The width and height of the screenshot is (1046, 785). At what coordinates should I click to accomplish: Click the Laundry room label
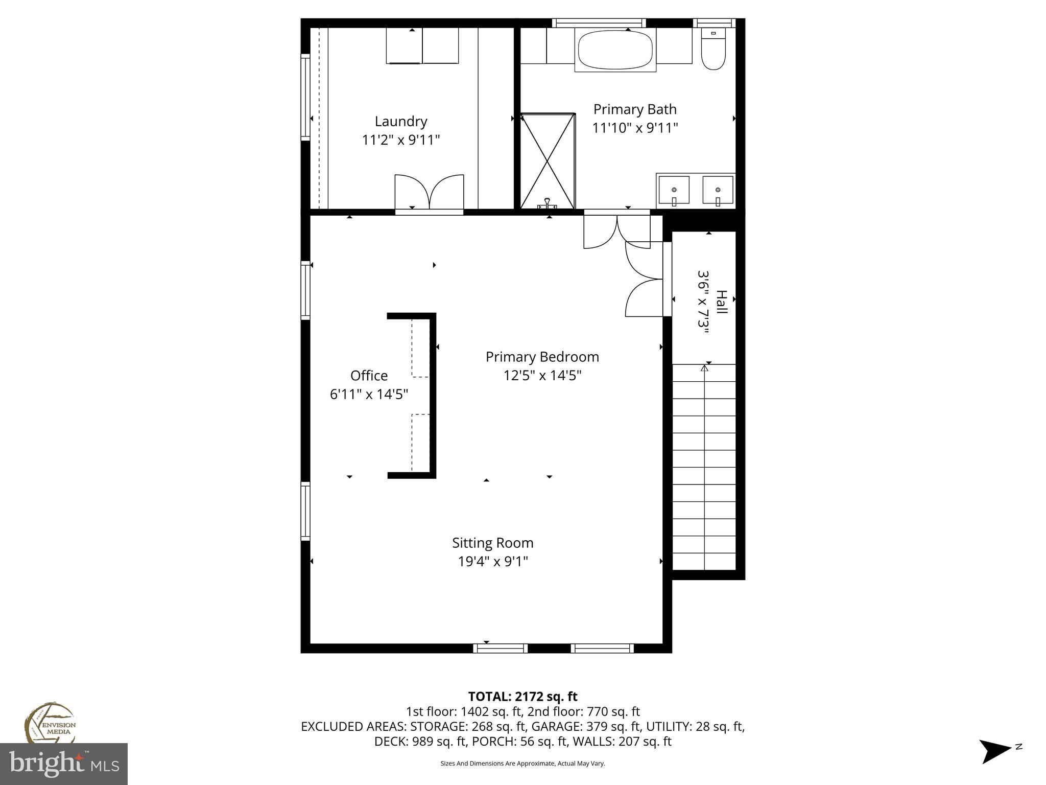[400, 122]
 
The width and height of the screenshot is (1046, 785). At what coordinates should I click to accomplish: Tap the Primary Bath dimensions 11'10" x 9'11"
[635, 128]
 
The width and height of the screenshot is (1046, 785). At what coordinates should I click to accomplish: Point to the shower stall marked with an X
[548, 161]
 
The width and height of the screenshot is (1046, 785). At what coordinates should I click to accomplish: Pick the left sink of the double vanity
[674, 190]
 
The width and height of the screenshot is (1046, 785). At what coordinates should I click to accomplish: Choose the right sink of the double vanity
[718, 190]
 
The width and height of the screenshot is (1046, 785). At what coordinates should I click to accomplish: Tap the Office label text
[369, 376]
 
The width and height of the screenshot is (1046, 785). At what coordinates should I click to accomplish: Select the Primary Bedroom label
[542, 357]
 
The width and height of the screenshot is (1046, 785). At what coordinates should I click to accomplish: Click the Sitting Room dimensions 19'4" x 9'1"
[492, 562]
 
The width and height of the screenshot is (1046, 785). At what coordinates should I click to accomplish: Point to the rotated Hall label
[721, 303]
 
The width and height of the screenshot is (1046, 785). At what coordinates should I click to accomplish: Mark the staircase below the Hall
[704, 468]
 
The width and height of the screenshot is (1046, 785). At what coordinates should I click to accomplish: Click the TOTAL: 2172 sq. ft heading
[522, 697]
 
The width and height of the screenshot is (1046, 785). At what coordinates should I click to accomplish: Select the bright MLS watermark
[64, 765]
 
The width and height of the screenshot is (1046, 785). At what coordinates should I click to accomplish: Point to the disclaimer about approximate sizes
[522, 764]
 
